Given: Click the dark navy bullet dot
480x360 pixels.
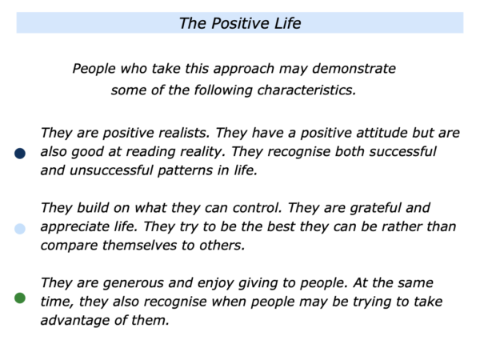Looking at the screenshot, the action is click(x=20, y=154).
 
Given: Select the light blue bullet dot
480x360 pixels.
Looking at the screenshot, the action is click(x=20, y=229).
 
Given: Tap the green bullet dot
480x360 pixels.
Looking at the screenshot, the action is click(x=20, y=298).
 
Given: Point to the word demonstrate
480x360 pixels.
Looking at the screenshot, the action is click(x=354, y=69).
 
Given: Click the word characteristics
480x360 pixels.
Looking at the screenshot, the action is click(x=306, y=90).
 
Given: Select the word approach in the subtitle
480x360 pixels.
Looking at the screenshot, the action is click(x=244, y=70).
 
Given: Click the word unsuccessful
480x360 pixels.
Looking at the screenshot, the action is click(x=111, y=170).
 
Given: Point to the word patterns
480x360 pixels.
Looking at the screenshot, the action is click(x=185, y=171).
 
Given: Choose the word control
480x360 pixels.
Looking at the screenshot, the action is click(x=257, y=208).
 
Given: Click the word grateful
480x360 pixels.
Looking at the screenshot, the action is click(x=375, y=209).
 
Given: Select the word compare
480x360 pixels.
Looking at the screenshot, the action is click(x=69, y=246).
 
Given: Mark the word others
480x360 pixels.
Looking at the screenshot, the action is click(x=222, y=246).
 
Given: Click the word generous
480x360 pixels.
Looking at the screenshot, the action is click(x=133, y=283).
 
